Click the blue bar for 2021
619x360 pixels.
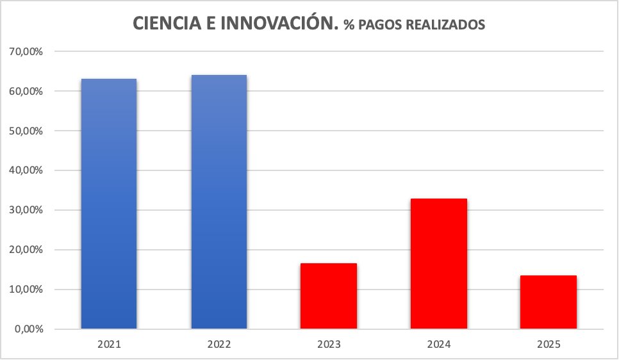109,204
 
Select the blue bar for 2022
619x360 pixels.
219,202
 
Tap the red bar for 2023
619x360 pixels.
329,296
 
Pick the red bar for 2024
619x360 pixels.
438,263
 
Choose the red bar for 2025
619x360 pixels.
548,302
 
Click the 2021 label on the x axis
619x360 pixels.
109,345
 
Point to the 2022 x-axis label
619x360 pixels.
219,345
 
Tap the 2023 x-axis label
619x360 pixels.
329,345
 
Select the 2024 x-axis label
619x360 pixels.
438,345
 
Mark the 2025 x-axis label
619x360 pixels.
548,345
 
